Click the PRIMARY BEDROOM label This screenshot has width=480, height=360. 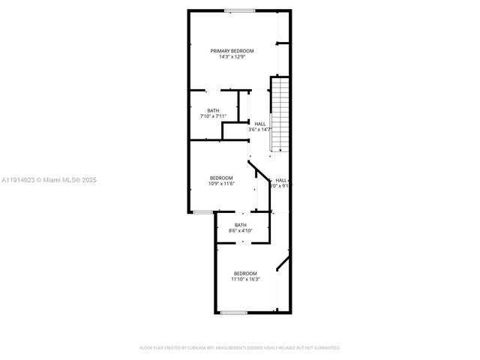(232, 51)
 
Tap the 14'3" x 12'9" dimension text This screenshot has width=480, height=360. (232, 57)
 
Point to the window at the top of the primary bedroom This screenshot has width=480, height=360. (238, 10)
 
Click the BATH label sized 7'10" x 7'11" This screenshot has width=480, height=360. (214, 111)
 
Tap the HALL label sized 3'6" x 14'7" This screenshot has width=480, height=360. (259, 124)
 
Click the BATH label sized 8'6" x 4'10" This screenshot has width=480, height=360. (240, 225)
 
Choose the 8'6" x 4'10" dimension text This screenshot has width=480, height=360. (240, 231)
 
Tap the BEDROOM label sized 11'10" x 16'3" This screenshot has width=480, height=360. (245, 273)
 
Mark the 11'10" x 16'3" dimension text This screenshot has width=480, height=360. (245, 279)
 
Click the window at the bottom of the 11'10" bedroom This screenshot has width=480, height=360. (233, 311)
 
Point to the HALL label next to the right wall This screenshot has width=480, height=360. (280, 180)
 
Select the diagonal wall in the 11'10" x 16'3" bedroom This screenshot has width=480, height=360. (283, 262)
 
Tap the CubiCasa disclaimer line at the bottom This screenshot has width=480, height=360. (240, 348)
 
